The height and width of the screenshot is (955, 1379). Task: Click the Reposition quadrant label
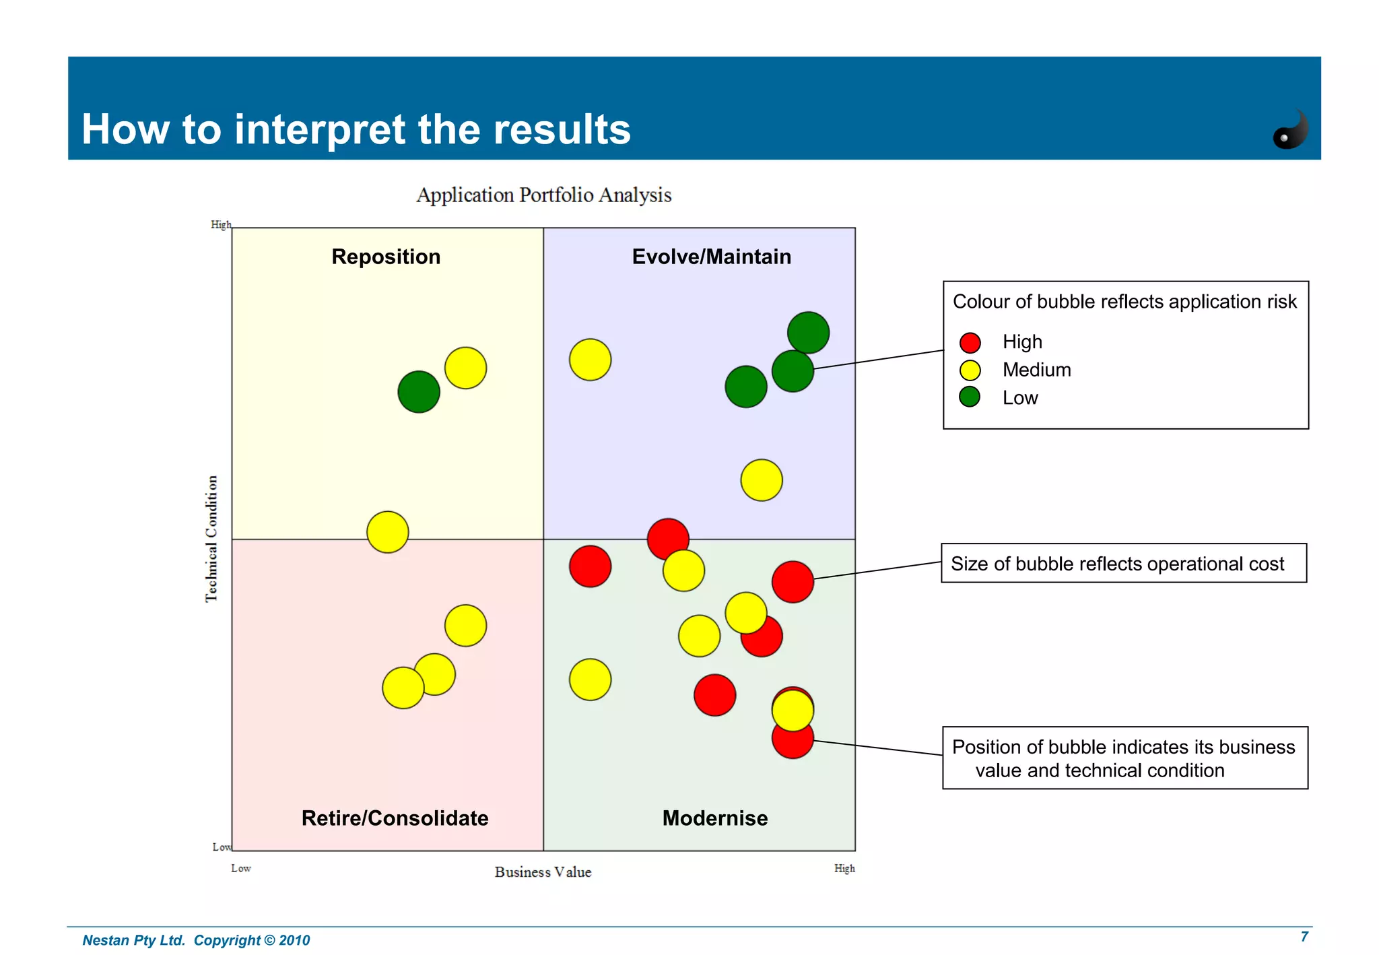386,257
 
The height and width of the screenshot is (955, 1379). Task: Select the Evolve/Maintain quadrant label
711,257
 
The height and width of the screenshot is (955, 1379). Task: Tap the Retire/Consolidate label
395,818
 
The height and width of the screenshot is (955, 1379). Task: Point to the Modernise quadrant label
714,818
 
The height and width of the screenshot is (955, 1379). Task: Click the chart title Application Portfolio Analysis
543,195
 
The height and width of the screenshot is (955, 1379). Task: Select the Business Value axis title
543,872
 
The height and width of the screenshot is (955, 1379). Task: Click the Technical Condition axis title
211,538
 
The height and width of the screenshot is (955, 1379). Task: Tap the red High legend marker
970,343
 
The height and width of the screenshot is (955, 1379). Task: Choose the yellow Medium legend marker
970,370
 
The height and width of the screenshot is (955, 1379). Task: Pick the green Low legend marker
970,397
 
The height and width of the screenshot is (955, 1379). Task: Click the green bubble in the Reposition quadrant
418,391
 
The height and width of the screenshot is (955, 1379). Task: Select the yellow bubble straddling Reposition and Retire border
387,532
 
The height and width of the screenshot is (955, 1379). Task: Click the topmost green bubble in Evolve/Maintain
808,333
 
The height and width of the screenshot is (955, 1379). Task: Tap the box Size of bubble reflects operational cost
1123,563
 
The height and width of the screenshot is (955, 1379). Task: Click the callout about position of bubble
1124,758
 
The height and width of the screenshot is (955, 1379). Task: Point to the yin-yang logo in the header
1290,130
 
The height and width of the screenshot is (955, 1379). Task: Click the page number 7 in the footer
1304,937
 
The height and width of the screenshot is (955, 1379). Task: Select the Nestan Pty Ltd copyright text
196,940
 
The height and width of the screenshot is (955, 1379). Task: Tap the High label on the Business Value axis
844,869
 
